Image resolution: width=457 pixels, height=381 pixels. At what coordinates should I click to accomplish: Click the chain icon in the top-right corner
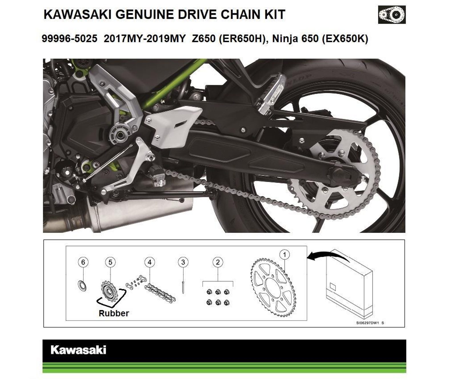(392, 15)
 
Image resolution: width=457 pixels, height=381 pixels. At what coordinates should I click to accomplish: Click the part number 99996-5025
(69, 39)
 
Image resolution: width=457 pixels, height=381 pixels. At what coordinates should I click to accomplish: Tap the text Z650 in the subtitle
(204, 39)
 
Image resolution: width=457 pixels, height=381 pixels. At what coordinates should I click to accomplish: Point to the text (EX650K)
(345, 39)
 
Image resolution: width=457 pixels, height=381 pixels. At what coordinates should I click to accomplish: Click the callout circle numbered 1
(284, 254)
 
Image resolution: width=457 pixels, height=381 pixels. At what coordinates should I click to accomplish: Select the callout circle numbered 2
(218, 262)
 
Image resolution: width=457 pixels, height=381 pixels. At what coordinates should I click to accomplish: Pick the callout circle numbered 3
(183, 262)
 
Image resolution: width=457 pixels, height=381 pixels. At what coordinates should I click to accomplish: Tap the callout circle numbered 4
(150, 262)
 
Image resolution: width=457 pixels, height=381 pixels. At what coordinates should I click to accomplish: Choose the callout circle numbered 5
(111, 262)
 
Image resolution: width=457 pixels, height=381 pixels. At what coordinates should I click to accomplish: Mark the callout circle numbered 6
(83, 262)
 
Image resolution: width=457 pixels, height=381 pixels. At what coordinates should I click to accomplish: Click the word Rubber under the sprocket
(114, 313)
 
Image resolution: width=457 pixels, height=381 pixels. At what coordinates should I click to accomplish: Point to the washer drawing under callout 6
(82, 286)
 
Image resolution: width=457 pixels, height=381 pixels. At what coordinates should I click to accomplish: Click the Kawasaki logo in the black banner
(78, 350)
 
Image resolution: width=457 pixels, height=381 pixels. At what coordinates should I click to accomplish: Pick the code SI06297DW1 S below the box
(370, 323)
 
